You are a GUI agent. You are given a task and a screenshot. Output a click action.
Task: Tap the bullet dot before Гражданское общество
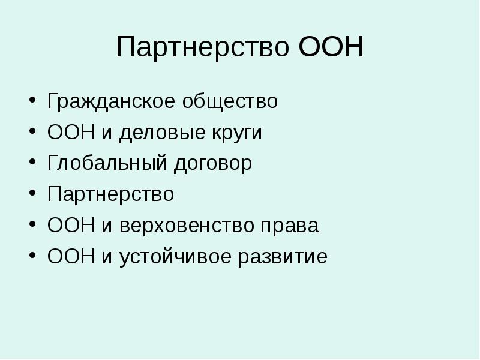point(31,101)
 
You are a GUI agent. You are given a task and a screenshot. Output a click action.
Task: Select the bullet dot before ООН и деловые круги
point(31,133)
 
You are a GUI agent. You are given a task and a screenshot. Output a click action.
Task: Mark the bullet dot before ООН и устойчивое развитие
point(31,258)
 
